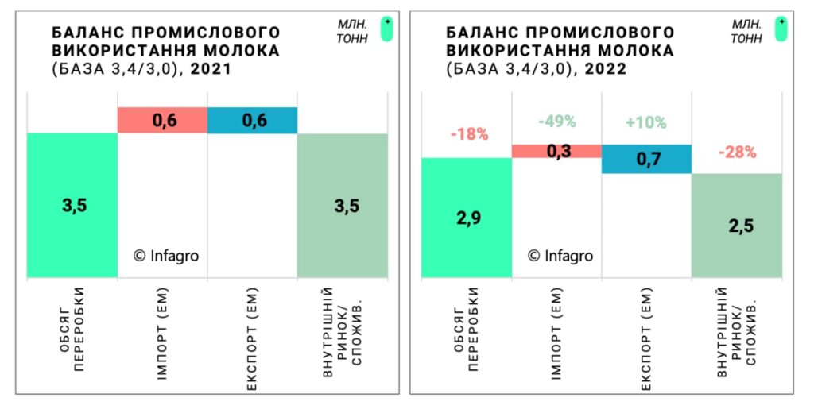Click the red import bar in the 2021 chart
coord(162,120)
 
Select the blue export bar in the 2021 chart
coord(252,120)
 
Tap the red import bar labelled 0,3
coord(556,151)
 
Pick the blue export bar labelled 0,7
coord(646,159)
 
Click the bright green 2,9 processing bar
coord(466,218)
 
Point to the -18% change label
coord(469,134)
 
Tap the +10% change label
coord(645,123)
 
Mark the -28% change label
coord(737,153)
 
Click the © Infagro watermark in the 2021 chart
coord(165,255)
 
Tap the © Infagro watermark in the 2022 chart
coord(560,255)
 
